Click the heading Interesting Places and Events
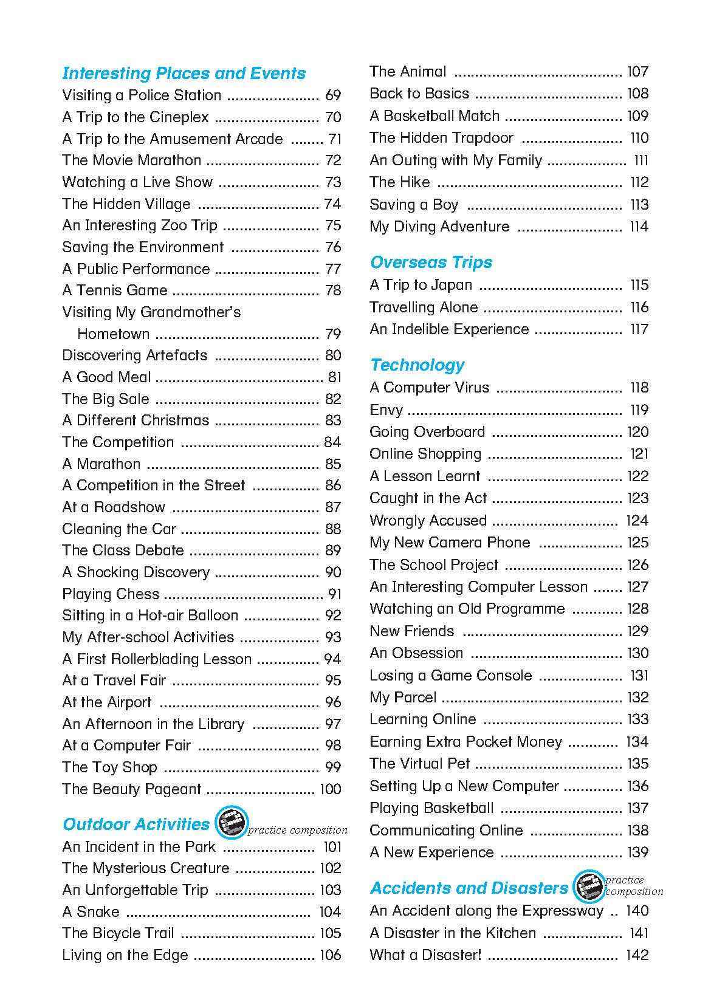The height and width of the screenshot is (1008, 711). click(184, 74)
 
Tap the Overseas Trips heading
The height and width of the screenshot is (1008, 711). click(431, 262)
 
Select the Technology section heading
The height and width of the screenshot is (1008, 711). click(417, 365)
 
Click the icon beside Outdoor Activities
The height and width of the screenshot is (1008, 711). click(232, 823)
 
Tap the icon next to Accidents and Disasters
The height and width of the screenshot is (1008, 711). click(588, 886)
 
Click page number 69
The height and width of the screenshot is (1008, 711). click(333, 95)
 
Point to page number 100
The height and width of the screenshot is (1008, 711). click(331, 789)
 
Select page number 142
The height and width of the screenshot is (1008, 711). click(637, 955)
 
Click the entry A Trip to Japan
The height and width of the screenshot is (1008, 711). click(421, 285)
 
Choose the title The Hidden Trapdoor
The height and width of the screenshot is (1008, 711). click(441, 138)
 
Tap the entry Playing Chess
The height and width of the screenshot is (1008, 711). click(111, 594)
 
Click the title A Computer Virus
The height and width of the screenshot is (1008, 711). click(429, 388)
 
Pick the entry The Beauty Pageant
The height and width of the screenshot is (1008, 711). click(131, 789)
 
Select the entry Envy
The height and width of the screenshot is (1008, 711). click(386, 410)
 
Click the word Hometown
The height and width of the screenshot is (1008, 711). click(113, 334)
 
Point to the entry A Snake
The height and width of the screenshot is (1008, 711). click(91, 912)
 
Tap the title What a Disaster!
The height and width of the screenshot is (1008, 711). click(425, 955)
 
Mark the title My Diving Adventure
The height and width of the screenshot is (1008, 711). click(439, 227)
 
